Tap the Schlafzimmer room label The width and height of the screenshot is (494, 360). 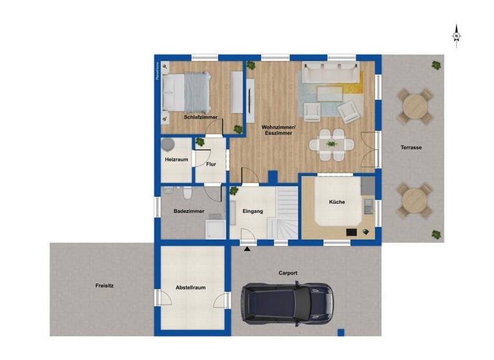pyautogui.click(x=200, y=117)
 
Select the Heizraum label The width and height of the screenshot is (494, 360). pyautogui.click(x=176, y=159)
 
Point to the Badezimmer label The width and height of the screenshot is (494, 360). pyautogui.click(x=189, y=211)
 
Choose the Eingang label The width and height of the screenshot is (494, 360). pyautogui.click(x=253, y=211)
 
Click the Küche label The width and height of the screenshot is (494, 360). pyautogui.click(x=337, y=202)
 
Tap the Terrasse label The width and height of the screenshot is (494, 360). pyautogui.click(x=411, y=147)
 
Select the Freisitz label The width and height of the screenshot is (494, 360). pyautogui.click(x=104, y=285)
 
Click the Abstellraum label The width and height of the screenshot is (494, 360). pyautogui.click(x=191, y=287)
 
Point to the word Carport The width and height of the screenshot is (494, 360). pyautogui.click(x=288, y=273)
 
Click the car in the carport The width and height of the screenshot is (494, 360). pyautogui.click(x=286, y=303)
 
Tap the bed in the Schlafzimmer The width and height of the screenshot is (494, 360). pyautogui.click(x=187, y=91)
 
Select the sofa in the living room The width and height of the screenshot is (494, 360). pyautogui.click(x=331, y=72)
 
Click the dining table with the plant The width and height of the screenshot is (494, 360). pyautogui.click(x=332, y=145)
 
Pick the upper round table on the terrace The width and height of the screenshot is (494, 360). pyautogui.click(x=414, y=107)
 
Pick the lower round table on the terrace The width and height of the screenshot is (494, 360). pyautogui.click(x=414, y=200)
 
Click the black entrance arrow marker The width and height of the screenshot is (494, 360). pyautogui.click(x=248, y=249)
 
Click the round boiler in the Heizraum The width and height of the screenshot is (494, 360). pyautogui.click(x=169, y=145)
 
